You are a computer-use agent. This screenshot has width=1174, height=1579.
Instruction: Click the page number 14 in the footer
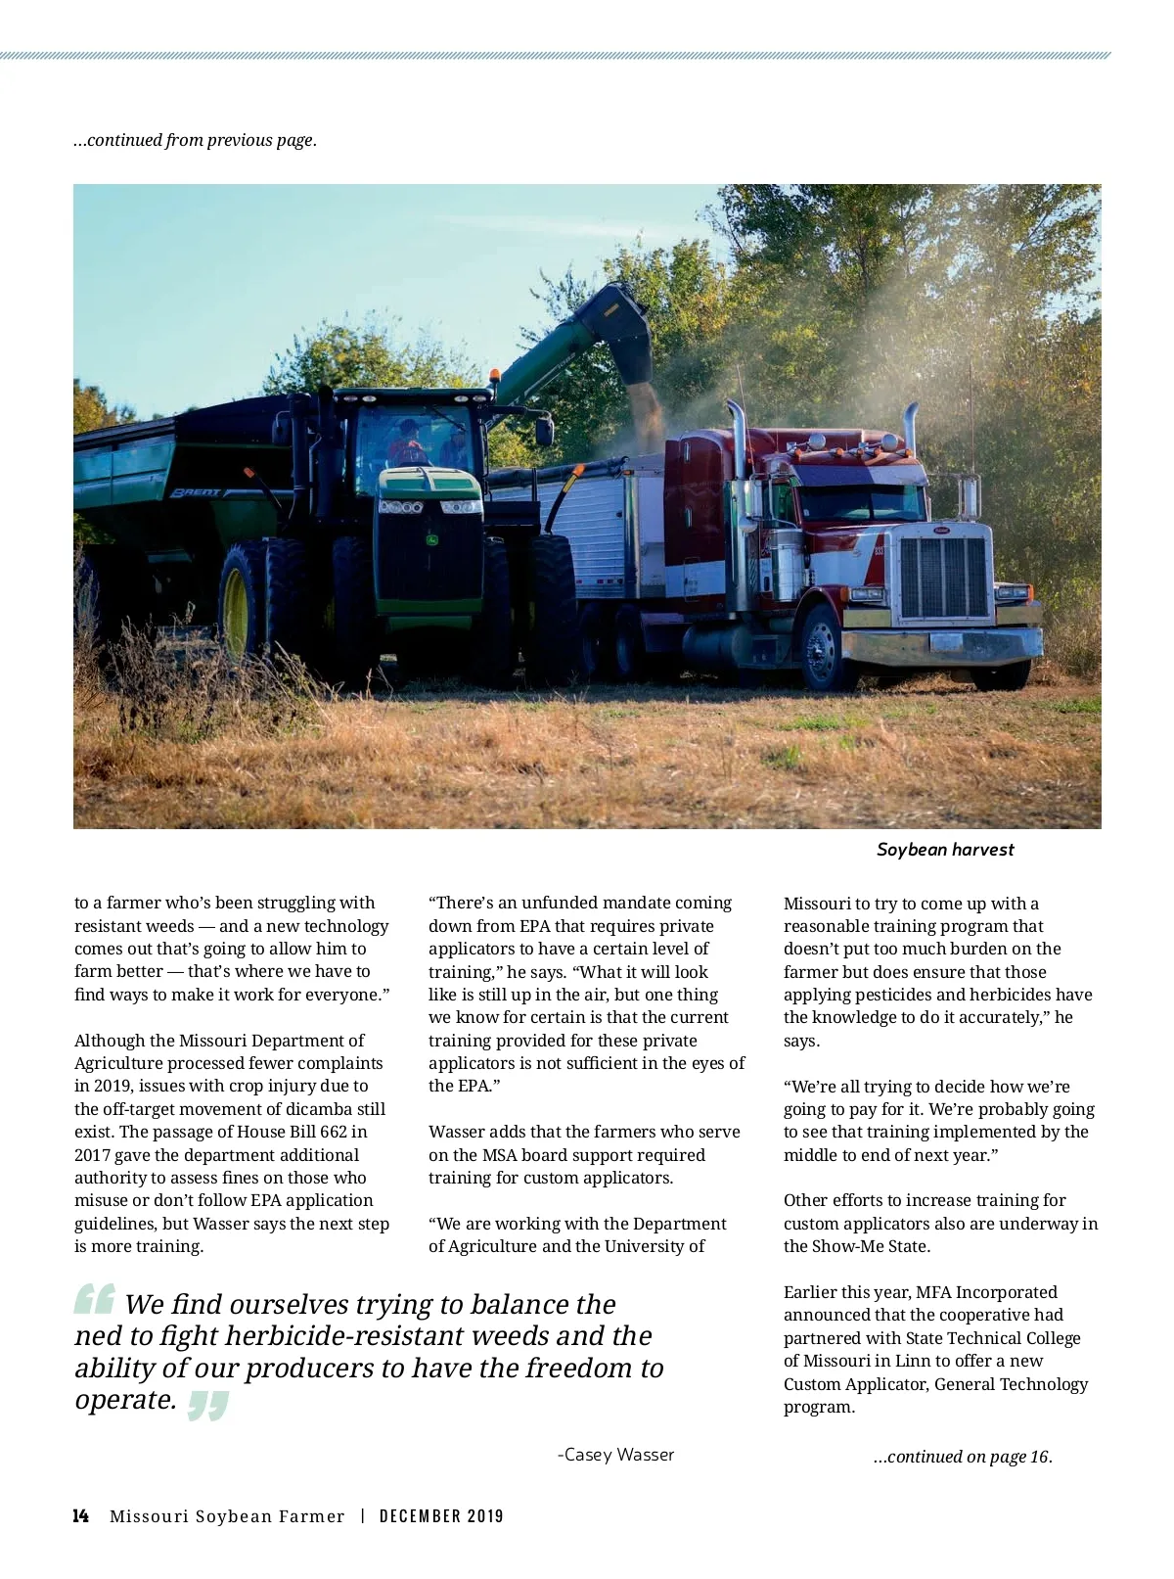coord(80,1516)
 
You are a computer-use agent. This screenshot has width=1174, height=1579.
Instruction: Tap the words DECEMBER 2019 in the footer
coord(441,1516)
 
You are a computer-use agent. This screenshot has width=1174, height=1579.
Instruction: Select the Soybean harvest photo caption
coord(945,850)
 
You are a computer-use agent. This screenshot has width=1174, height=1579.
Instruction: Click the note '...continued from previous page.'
coord(196,140)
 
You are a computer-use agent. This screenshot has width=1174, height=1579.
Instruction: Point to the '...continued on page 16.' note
coord(963,1457)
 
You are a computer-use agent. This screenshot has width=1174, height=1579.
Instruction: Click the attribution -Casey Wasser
coord(615,1455)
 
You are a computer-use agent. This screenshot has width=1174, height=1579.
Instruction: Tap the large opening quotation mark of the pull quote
coord(95,1299)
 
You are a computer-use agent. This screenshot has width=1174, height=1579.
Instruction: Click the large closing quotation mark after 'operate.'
coord(207,1405)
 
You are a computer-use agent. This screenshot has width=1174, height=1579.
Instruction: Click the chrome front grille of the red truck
coord(943,577)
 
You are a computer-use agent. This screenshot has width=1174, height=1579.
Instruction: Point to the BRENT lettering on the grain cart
coord(199,493)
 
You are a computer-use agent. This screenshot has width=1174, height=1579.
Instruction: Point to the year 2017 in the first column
coord(93,1155)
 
